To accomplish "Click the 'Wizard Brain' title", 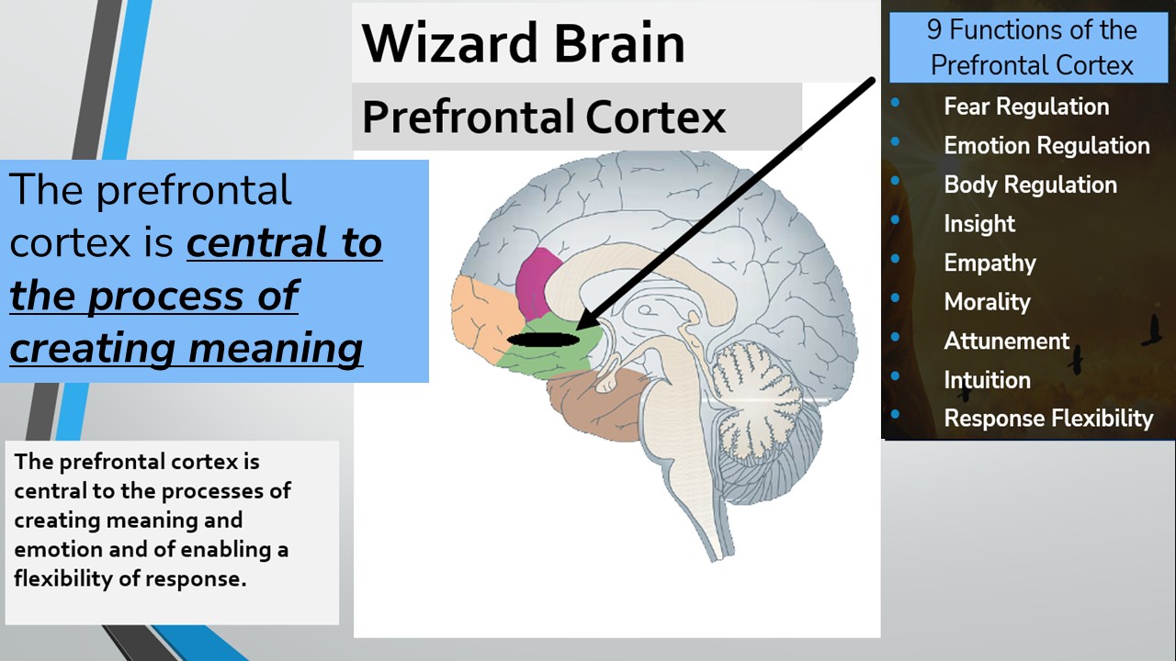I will pos(523,43).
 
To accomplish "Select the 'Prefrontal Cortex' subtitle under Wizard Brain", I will pos(544,117).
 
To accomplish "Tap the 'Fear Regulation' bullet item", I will pos(1026,106).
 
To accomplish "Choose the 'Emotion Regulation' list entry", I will pos(1046,145).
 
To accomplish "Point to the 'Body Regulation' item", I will pos(1030,185).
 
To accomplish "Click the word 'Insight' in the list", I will pos(979,224).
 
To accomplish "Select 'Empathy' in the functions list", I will pos(989,263).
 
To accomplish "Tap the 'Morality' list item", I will pos(987,302).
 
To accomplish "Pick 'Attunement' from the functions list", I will pos(1006,341).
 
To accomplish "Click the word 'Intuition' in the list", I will pos(987,380).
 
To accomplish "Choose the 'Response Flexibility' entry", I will pos(1048,419).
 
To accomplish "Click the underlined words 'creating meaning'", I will pos(187,349).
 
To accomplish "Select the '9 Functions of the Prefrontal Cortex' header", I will pos(1031,48).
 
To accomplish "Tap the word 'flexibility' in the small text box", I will pos(57,580).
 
